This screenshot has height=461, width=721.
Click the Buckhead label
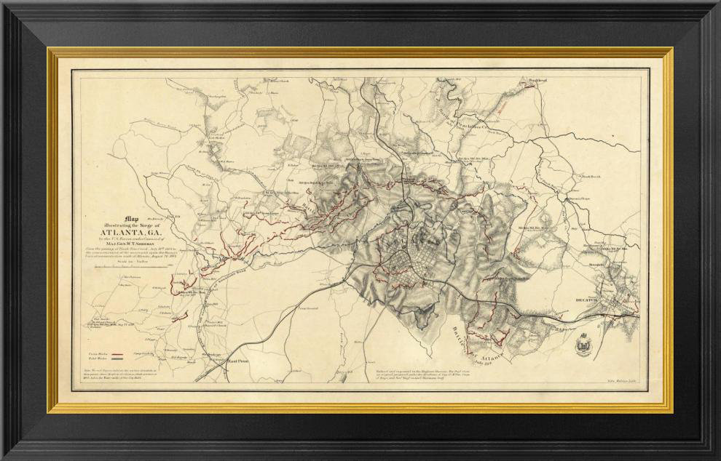pos(529,79)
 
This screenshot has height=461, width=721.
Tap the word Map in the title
pos(131,217)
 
